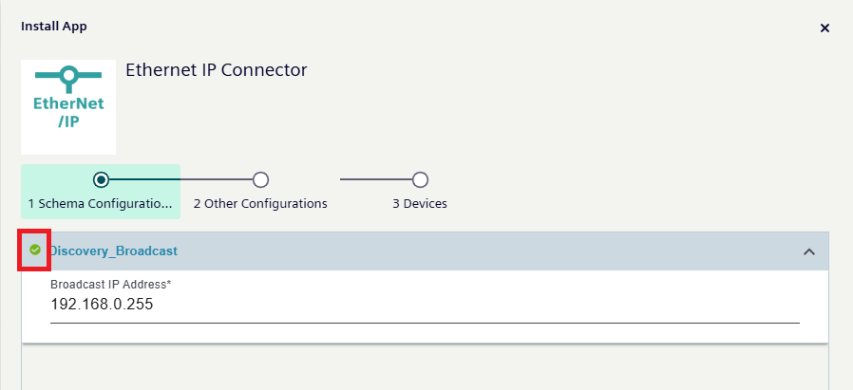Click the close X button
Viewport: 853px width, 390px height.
[x=825, y=28]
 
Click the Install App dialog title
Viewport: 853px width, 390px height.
[x=54, y=27]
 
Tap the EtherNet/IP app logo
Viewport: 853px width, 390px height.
[x=68, y=107]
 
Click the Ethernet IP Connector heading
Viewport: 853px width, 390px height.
[x=217, y=70]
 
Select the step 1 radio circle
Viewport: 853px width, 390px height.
[x=101, y=179]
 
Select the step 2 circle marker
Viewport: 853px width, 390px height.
[x=260, y=179]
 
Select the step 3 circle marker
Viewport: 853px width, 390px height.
[x=420, y=179]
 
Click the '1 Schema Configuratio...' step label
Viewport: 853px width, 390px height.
[x=101, y=203]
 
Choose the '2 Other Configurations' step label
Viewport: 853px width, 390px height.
[x=260, y=203]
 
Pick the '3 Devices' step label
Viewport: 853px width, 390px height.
[x=420, y=203]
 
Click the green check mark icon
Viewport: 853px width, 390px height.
[x=35, y=251]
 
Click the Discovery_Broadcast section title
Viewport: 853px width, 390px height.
[x=114, y=251]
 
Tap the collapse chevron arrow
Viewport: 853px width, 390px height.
[x=809, y=251]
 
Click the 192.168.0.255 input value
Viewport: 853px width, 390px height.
[x=102, y=305]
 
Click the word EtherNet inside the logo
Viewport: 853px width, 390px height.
[x=68, y=103]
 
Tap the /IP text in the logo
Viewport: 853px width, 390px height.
[x=68, y=122]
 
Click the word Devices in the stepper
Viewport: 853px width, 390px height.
[x=425, y=203]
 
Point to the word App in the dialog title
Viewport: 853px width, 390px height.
[x=75, y=27]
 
